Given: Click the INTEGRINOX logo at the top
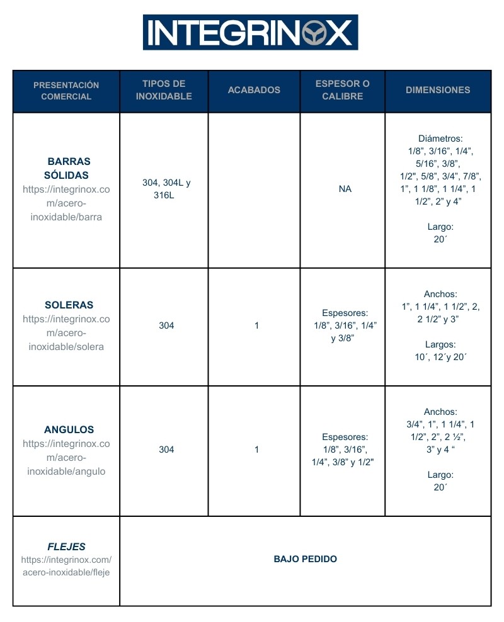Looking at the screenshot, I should click(x=250, y=32).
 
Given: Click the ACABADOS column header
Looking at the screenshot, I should click(x=254, y=90).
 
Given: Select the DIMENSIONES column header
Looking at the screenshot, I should click(x=438, y=90).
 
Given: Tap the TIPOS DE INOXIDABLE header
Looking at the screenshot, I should click(x=164, y=90).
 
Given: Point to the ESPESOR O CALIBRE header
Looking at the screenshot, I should click(x=343, y=90).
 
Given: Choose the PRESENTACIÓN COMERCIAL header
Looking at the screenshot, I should click(x=66, y=91).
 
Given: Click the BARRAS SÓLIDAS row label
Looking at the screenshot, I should click(x=66, y=168).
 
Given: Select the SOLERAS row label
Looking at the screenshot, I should click(x=66, y=305).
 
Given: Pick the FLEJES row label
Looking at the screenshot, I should click(x=66, y=546).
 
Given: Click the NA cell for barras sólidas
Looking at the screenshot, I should click(x=345, y=189).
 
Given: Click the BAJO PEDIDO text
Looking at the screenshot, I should click(x=306, y=559).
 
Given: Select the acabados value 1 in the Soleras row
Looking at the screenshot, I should click(x=256, y=325).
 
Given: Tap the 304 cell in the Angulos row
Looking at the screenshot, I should click(x=166, y=450).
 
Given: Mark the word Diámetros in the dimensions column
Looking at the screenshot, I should click(x=440, y=139).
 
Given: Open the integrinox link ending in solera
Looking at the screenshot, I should click(x=66, y=333).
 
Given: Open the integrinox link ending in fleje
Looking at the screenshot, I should click(x=66, y=566).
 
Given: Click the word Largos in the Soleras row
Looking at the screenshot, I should click(x=440, y=344).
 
